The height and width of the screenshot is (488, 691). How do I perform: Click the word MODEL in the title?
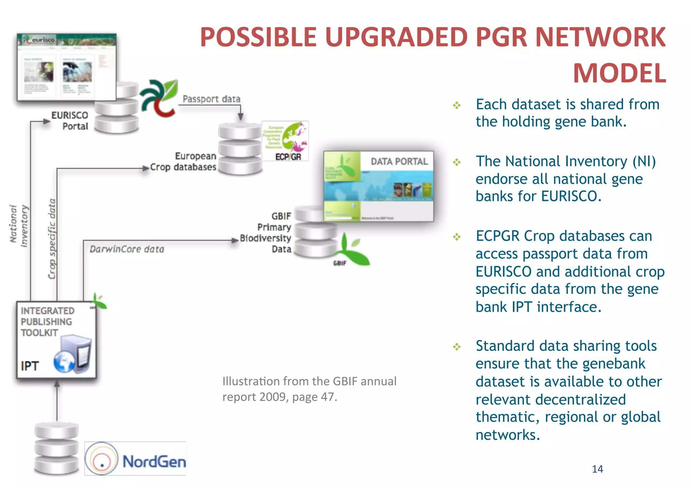[x=619, y=73]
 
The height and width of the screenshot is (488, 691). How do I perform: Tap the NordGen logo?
[x=135, y=459]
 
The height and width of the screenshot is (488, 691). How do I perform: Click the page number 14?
[x=597, y=469]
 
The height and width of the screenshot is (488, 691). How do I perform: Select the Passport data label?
[x=212, y=99]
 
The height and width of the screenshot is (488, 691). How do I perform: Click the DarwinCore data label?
[x=127, y=249]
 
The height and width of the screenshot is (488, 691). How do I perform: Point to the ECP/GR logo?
[x=285, y=141]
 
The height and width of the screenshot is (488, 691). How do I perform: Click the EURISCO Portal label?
[x=70, y=120]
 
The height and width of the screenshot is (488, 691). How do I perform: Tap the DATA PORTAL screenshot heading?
[x=399, y=162]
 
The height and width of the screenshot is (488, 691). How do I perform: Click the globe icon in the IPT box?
[x=64, y=362]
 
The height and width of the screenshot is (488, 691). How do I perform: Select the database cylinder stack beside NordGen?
[x=57, y=448]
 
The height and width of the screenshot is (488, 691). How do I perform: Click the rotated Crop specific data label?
[x=52, y=238]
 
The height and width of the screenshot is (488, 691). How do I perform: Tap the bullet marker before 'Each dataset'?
[x=457, y=105]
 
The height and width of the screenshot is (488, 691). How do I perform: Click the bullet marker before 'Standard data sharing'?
[x=457, y=347]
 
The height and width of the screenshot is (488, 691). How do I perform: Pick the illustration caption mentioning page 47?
[x=309, y=389]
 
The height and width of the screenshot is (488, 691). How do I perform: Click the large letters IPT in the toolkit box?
[x=30, y=366]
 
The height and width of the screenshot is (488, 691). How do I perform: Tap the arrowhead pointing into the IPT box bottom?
[x=57, y=384]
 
